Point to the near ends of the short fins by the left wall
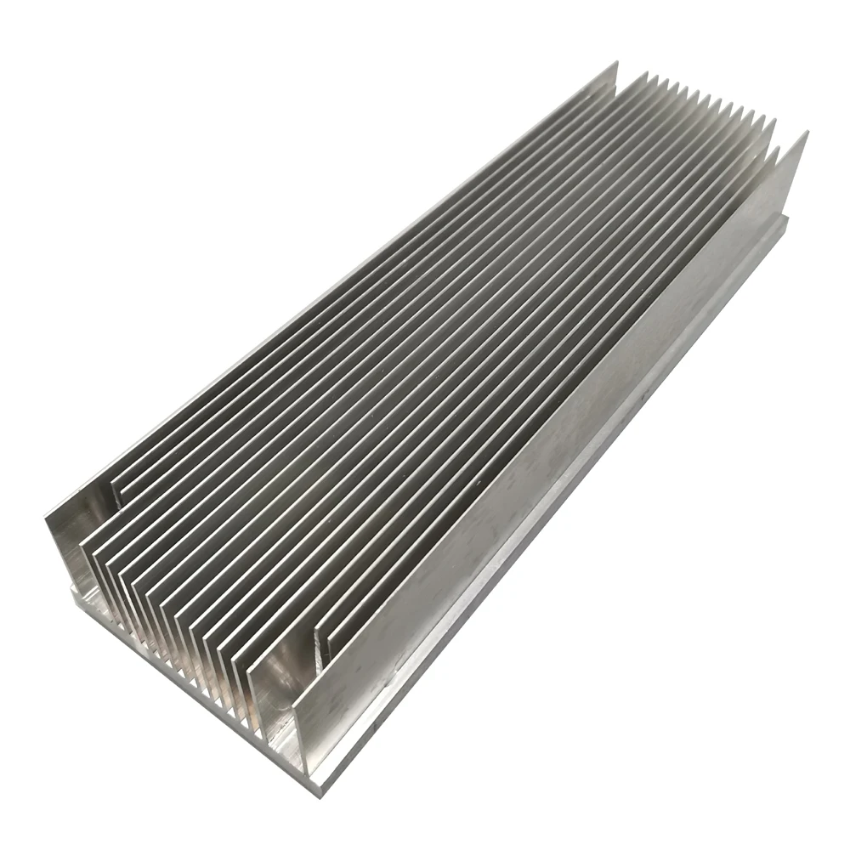click(115, 493)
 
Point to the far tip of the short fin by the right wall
click(778, 151)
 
